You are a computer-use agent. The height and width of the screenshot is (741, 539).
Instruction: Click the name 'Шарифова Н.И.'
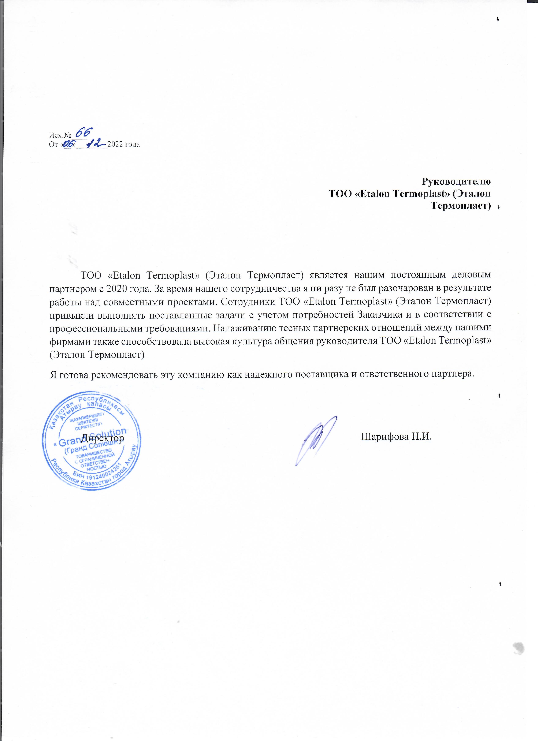coord(396,437)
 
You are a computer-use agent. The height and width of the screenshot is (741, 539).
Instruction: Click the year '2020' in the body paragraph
coord(117,288)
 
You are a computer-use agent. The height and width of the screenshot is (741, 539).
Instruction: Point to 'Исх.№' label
coord(60,135)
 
